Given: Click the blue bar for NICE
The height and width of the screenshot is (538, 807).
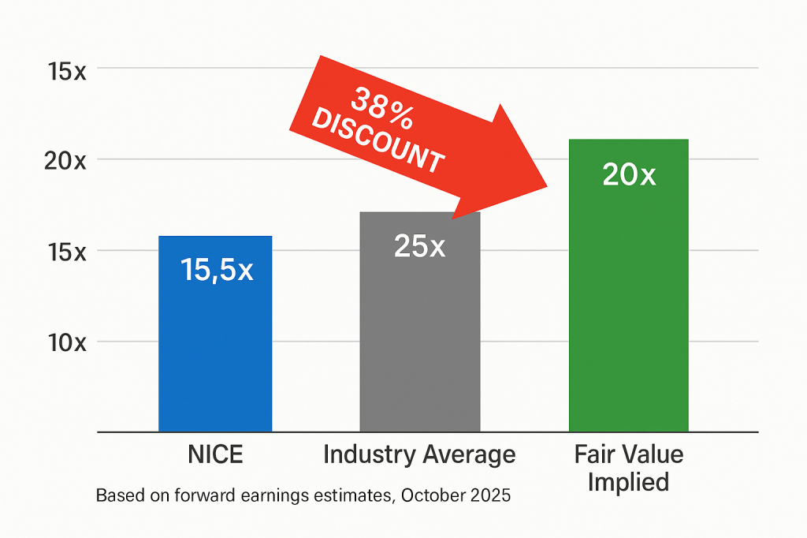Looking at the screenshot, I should [215, 355].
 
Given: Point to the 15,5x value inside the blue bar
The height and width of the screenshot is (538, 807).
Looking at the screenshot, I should [217, 271].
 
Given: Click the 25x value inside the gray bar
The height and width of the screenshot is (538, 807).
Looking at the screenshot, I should [419, 247].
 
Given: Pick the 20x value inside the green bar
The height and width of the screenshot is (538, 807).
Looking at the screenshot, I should [628, 175].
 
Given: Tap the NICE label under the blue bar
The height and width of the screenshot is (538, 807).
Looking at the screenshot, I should [215, 455].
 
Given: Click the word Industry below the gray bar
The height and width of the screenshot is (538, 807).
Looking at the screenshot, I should [367, 455].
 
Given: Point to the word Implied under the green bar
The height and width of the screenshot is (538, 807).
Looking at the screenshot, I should [628, 481].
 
